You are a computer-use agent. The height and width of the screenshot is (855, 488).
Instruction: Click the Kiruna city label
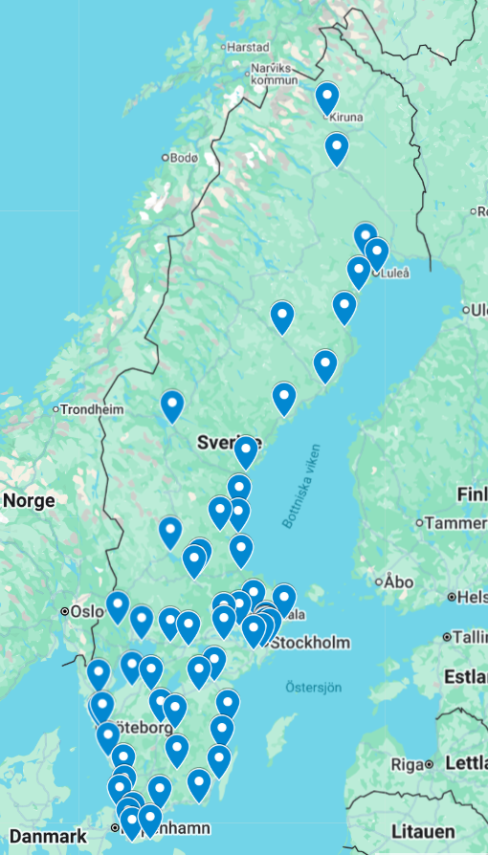pyautogui.click(x=346, y=118)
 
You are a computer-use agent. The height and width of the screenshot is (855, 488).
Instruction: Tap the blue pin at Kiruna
pyautogui.click(x=327, y=98)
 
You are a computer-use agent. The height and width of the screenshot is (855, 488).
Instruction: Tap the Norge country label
pyautogui.click(x=29, y=500)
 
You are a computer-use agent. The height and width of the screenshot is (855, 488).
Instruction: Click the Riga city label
pyautogui.click(x=407, y=764)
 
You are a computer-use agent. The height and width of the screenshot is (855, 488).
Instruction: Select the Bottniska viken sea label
pyautogui.click(x=304, y=487)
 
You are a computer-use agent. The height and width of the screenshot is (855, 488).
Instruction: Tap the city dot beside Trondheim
pyautogui.click(x=56, y=409)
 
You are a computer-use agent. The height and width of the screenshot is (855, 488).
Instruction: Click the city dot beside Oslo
pyautogui.click(x=65, y=611)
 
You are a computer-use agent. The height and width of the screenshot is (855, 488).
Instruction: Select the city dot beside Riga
pyautogui.click(x=431, y=764)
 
